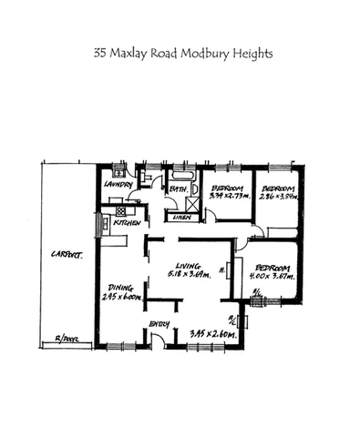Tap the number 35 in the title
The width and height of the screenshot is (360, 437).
100,54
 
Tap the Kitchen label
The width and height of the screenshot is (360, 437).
127,223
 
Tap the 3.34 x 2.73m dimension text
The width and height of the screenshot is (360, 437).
229,196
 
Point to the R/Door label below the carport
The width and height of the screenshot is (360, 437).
66,339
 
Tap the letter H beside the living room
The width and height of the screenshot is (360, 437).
223,270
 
